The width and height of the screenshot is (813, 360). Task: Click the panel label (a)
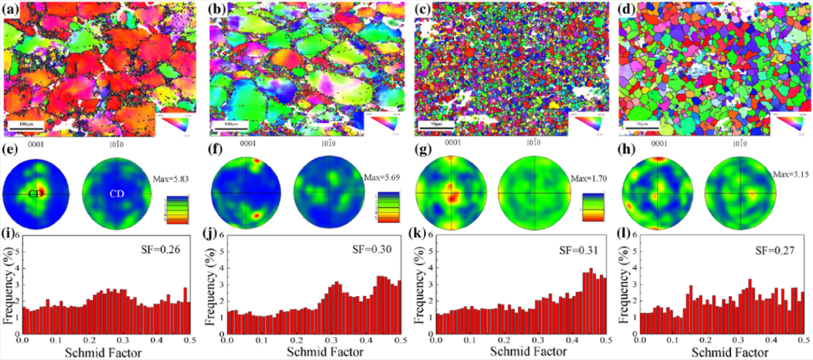tap(12, 10)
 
